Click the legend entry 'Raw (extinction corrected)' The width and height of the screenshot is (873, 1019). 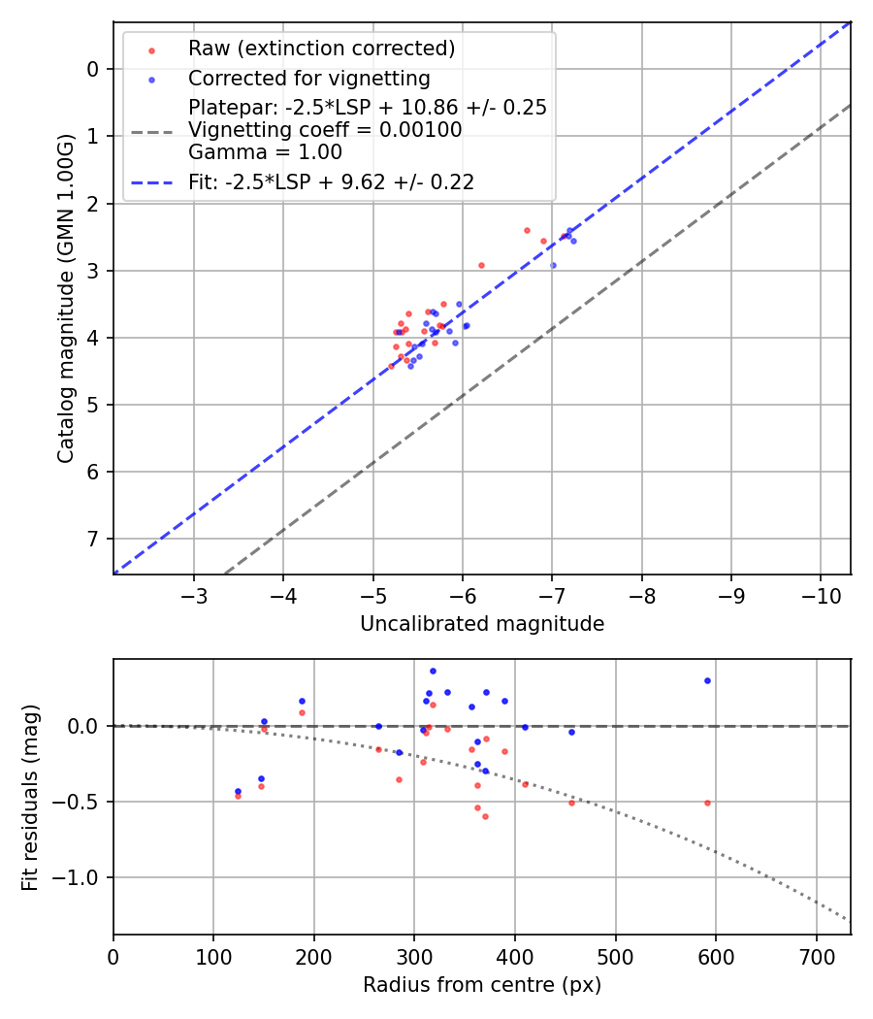tap(321, 49)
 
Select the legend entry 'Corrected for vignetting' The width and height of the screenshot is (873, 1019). tap(308, 78)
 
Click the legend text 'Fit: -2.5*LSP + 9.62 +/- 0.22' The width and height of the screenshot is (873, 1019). tap(331, 181)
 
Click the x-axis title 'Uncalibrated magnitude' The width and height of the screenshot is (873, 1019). tap(482, 624)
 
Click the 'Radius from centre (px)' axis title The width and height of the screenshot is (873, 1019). tap(482, 985)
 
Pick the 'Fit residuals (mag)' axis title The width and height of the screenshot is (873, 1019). tap(31, 797)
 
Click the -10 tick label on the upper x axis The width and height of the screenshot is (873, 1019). tap(820, 593)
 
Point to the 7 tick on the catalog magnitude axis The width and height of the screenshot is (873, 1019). tap(94, 539)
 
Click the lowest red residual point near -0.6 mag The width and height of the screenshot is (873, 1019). tap(485, 816)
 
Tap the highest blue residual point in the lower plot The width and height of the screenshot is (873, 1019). tap(433, 671)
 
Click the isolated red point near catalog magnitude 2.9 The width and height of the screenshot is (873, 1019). tap(481, 265)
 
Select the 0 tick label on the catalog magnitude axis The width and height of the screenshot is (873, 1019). tap(94, 69)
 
